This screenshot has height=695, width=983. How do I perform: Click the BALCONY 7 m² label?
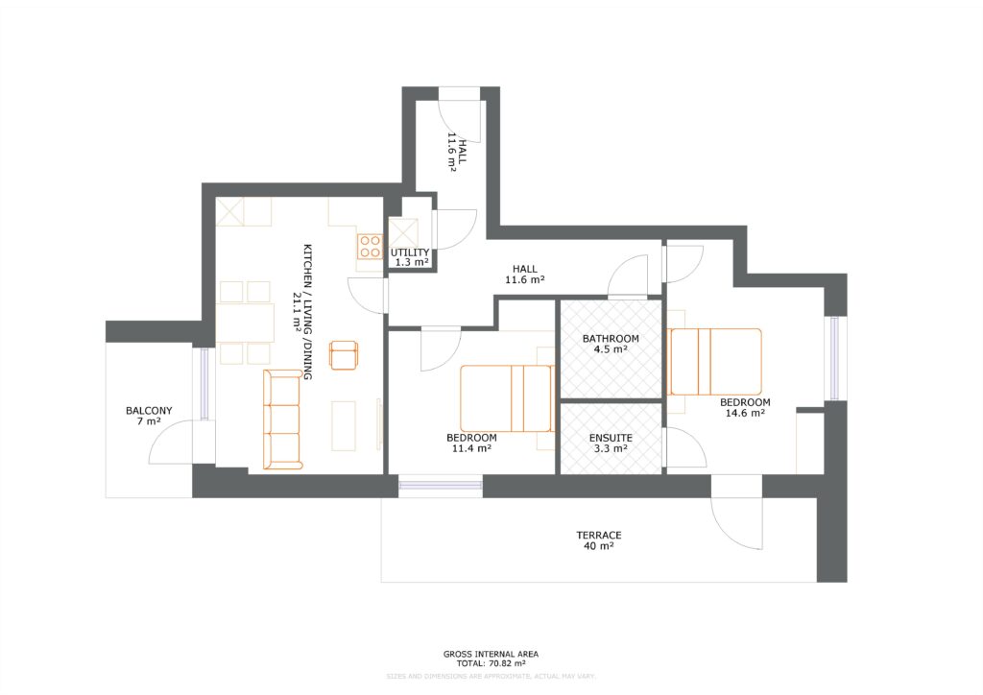(x=149, y=416)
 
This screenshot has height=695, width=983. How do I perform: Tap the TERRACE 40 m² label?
(x=598, y=540)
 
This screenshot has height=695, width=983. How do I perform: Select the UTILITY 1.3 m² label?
(x=410, y=257)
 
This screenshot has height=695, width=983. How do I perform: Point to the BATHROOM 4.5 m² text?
(x=611, y=344)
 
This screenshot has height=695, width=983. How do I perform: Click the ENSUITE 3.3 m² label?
(x=610, y=442)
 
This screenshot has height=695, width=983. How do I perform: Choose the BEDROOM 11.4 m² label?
(x=471, y=443)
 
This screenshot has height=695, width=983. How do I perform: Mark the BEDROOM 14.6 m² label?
(x=745, y=407)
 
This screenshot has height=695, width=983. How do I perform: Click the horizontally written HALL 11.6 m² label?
(x=525, y=275)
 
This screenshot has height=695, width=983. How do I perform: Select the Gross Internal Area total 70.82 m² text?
(x=491, y=659)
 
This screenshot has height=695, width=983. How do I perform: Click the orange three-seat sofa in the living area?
(x=282, y=420)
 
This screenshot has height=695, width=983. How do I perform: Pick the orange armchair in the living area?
(x=344, y=354)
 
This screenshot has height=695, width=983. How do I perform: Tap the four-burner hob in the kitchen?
(x=370, y=246)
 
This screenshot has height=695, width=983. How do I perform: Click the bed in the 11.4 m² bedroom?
(x=506, y=398)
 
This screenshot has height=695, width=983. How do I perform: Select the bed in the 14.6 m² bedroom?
(x=715, y=362)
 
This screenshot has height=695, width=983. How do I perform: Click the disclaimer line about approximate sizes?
(x=491, y=676)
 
